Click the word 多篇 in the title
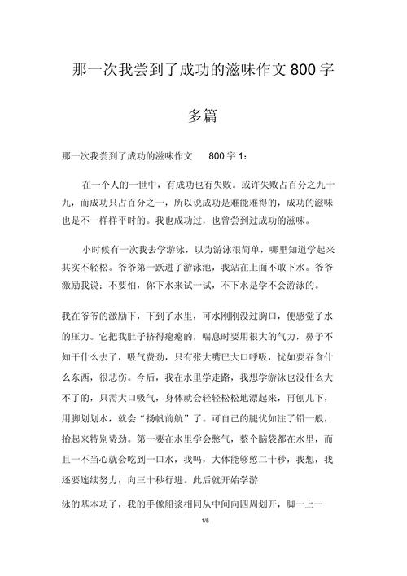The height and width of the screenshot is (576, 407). pos(203,116)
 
